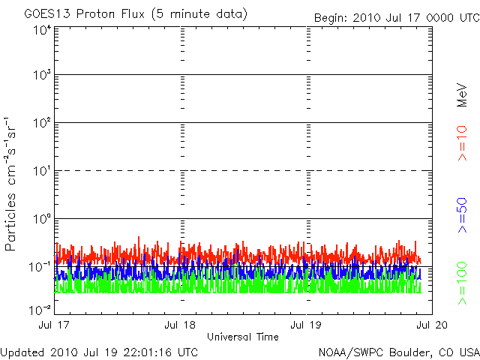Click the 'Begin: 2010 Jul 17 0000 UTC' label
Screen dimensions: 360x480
pyautogui.click(x=394, y=17)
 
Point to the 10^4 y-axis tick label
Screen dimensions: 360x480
pyautogui.click(x=41, y=30)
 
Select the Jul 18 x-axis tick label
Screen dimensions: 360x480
pyautogui.click(x=181, y=325)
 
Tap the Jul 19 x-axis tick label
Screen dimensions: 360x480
pyautogui.click(x=307, y=325)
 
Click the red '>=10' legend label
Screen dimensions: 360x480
pyautogui.click(x=463, y=143)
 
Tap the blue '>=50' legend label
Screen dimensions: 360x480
pyautogui.click(x=463, y=214)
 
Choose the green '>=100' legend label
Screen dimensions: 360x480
pyautogui.click(x=463, y=285)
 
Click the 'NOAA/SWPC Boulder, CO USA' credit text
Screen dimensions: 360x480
pyautogui.click(x=397, y=352)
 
